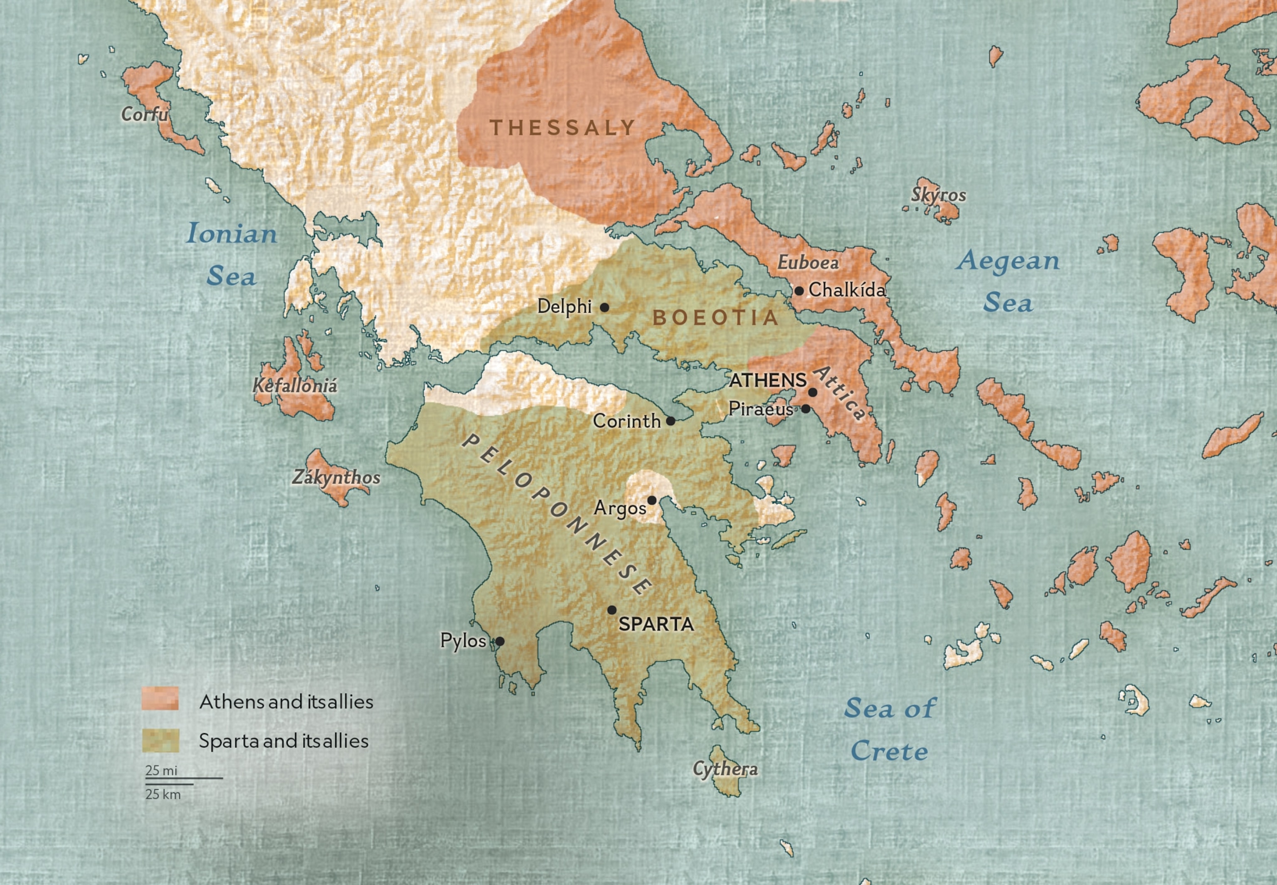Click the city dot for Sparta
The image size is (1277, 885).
611,610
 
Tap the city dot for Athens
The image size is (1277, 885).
812,392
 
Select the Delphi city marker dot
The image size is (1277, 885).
604,307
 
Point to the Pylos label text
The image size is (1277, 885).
463,641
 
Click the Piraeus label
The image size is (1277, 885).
761,409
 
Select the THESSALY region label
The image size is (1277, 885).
562,128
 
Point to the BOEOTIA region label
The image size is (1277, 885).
716,318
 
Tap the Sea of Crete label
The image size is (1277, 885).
890,730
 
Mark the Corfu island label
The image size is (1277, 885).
144,114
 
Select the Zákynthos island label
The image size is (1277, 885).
336,478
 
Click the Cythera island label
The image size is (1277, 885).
725,769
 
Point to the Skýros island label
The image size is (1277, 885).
938,195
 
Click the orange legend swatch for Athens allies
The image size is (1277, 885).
160,699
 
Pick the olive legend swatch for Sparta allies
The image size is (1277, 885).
160,740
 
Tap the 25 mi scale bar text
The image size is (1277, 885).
161,770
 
